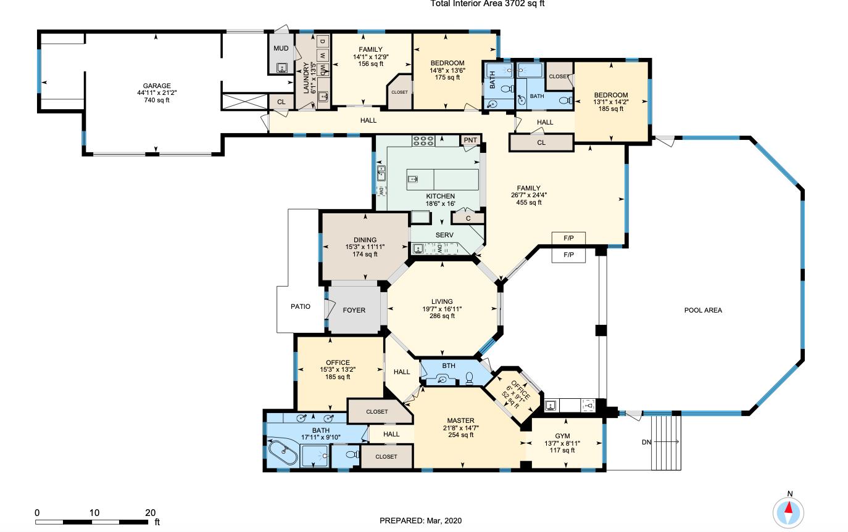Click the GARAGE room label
pos(157,86)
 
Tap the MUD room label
pos(281,48)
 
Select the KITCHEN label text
pos(440,196)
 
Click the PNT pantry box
pos(470,140)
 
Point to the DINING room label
pos(365,240)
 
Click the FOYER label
pos(354,310)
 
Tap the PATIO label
pos(301,306)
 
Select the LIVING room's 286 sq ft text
pos(442,316)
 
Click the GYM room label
pos(562,436)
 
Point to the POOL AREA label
pos(703,310)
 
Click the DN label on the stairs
pos(646,442)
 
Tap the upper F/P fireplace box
pos(568,238)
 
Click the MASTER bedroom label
pos(460,420)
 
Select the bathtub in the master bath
pos(283,454)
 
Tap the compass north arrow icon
pos(789,511)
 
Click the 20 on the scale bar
pos(150,512)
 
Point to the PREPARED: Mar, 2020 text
pos(420,521)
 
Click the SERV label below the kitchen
pos(444,235)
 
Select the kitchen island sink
pos(413,179)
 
